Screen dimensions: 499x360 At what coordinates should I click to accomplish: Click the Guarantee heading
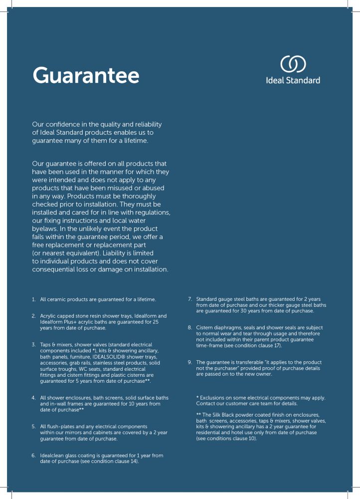tap(85, 75)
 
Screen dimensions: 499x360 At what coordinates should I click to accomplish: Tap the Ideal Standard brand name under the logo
tap(293, 80)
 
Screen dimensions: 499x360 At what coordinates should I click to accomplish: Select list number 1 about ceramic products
tap(33, 299)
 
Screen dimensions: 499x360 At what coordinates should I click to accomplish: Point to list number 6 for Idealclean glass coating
tap(33, 456)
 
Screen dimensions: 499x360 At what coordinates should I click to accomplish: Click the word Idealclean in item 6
tap(54, 456)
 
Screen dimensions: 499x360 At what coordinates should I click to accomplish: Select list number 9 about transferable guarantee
tap(190, 362)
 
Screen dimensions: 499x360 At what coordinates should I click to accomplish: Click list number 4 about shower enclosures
tap(33, 398)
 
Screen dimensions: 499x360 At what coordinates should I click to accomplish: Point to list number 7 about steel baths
tap(190, 299)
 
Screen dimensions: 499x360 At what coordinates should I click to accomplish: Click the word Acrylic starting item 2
tap(49, 316)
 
